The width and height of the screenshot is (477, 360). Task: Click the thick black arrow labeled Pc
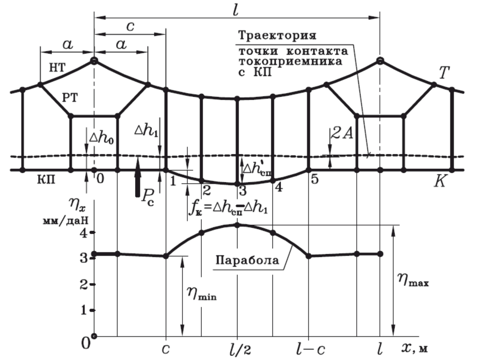click(x=138, y=178)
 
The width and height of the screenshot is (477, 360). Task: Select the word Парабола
click(x=247, y=260)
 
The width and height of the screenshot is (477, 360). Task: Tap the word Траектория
click(x=277, y=36)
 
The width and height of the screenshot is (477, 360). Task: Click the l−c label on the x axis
click(x=310, y=350)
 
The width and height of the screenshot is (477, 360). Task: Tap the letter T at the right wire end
click(x=444, y=73)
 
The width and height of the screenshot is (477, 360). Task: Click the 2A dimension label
click(x=342, y=133)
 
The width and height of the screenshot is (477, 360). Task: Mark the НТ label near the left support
click(x=57, y=68)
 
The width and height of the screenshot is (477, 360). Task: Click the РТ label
click(x=70, y=98)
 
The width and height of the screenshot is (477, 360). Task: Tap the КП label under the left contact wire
click(x=47, y=180)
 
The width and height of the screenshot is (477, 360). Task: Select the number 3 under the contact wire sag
click(x=243, y=191)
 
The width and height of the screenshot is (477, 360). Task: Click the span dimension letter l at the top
click(x=235, y=10)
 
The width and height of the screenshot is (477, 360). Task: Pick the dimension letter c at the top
click(x=130, y=26)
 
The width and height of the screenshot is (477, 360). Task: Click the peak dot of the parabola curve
click(x=237, y=225)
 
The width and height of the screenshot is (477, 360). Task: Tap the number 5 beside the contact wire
click(x=315, y=179)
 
